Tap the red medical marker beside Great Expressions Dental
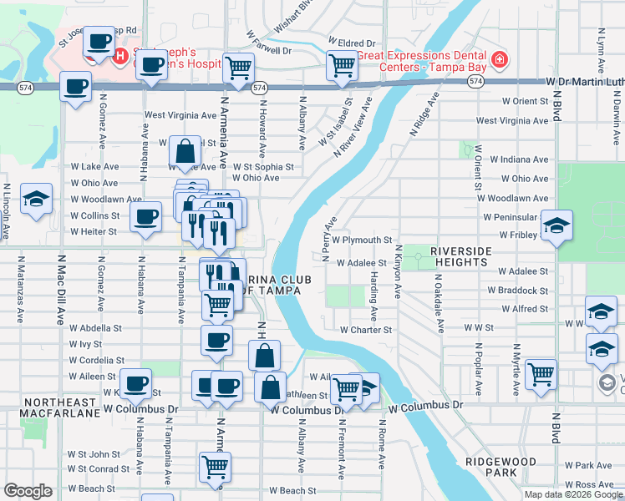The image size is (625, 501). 499,59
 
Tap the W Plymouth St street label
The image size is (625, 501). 362,240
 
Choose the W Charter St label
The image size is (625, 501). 365,330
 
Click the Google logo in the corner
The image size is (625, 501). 28,491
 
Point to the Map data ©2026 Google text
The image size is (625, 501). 572,494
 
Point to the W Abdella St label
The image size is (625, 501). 96,329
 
